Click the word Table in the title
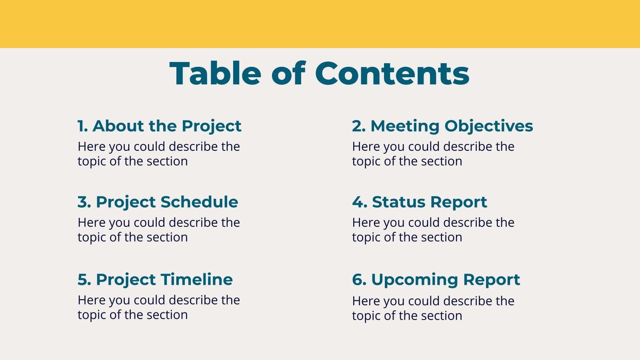click(x=215, y=74)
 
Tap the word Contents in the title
click(x=392, y=74)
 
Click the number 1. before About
click(x=82, y=126)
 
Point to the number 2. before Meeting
click(x=359, y=126)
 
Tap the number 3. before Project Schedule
click(x=84, y=202)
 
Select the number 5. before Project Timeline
click(x=84, y=280)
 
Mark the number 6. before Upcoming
click(x=359, y=280)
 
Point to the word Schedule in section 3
click(x=199, y=202)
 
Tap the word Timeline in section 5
click(x=197, y=280)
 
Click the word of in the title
click(x=288, y=74)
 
